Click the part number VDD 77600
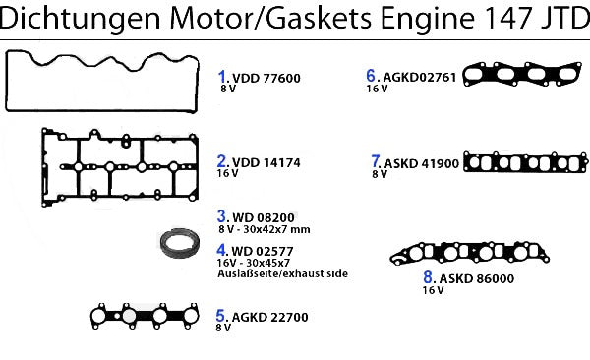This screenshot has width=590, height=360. [266, 78]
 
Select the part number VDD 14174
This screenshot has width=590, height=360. [266, 162]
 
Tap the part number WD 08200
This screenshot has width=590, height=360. [264, 217]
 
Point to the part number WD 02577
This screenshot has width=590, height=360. [263, 251]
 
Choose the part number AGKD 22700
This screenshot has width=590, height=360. [269, 317]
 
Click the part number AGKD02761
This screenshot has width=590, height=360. [420, 77]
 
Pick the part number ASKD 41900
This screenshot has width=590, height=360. [422, 163]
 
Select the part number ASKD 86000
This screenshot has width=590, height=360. [477, 278]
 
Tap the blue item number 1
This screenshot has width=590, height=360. [222, 77]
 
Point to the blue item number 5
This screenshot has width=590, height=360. [220, 316]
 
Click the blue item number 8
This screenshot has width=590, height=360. [428, 277]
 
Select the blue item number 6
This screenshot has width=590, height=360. [371, 76]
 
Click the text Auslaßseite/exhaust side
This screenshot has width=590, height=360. [282, 273]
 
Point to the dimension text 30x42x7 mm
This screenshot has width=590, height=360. [276, 229]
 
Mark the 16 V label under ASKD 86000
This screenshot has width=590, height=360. [433, 290]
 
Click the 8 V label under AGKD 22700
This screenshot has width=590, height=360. [223, 328]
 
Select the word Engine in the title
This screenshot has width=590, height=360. [428, 19]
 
